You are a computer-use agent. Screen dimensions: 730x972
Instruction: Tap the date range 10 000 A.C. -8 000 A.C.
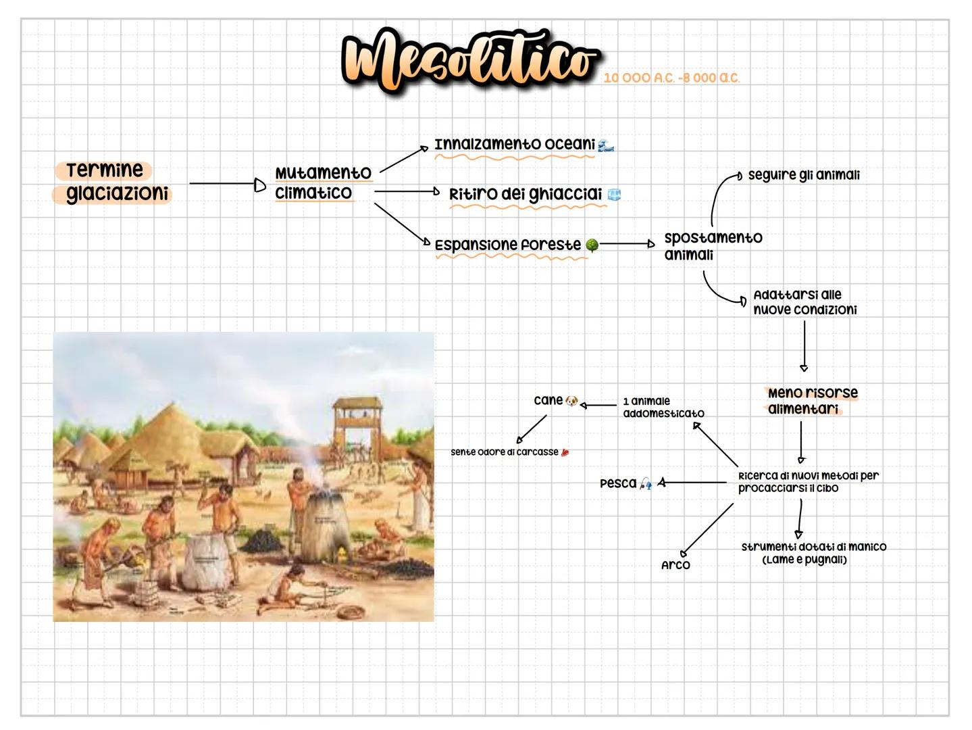pyautogui.click(x=671, y=78)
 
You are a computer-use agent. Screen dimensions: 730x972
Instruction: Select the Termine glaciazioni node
pyautogui.click(x=112, y=182)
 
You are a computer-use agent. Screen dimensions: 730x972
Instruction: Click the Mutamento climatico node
pyautogui.click(x=323, y=182)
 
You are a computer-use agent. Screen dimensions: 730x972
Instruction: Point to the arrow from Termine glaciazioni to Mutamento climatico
pyautogui.click(x=226, y=183)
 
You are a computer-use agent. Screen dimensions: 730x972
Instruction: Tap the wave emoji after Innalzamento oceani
pyautogui.click(x=606, y=145)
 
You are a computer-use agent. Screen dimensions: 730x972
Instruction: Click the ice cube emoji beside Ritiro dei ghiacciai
pyautogui.click(x=614, y=195)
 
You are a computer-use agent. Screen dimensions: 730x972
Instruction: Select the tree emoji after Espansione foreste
pyautogui.click(x=592, y=245)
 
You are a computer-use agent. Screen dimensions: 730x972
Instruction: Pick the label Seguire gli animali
pyautogui.click(x=803, y=175)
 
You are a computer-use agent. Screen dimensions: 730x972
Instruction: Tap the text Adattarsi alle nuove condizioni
pyautogui.click(x=804, y=302)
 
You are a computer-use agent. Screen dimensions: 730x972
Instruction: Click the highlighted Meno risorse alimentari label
pyautogui.click(x=811, y=401)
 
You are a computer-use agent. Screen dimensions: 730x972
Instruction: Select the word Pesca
pyautogui.click(x=618, y=483)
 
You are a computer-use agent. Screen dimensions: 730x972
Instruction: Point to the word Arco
pyautogui.click(x=675, y=565)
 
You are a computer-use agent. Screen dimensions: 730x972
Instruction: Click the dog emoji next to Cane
pyautogui.click(x=572, y=401)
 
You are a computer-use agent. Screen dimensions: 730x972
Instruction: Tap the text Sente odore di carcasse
pyautogui.click(x=505, y=452)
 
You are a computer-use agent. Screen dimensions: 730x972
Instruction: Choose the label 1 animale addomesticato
pyautogui.click(x=663, y=407)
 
